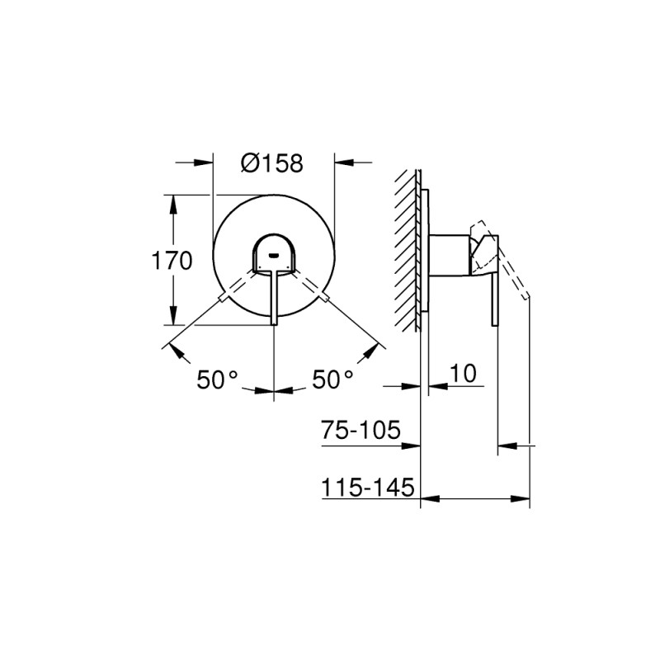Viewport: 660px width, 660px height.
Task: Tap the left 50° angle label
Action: (217, 379)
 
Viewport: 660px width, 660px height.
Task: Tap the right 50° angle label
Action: (332, 379)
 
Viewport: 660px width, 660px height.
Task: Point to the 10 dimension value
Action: (464, 374)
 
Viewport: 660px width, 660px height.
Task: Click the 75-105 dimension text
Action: (360, 430)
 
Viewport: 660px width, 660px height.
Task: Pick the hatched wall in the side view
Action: (408, 247)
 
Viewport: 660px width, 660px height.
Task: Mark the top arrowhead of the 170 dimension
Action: (172, 201)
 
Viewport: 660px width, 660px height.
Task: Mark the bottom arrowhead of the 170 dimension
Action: (172, 318)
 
